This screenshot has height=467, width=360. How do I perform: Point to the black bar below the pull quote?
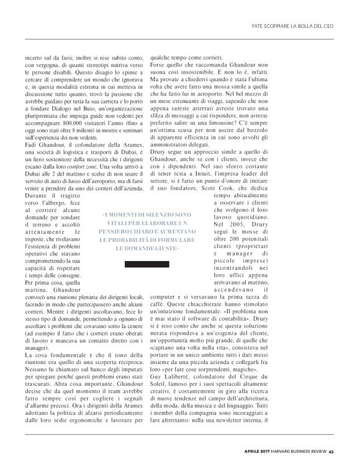pos(147,265)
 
